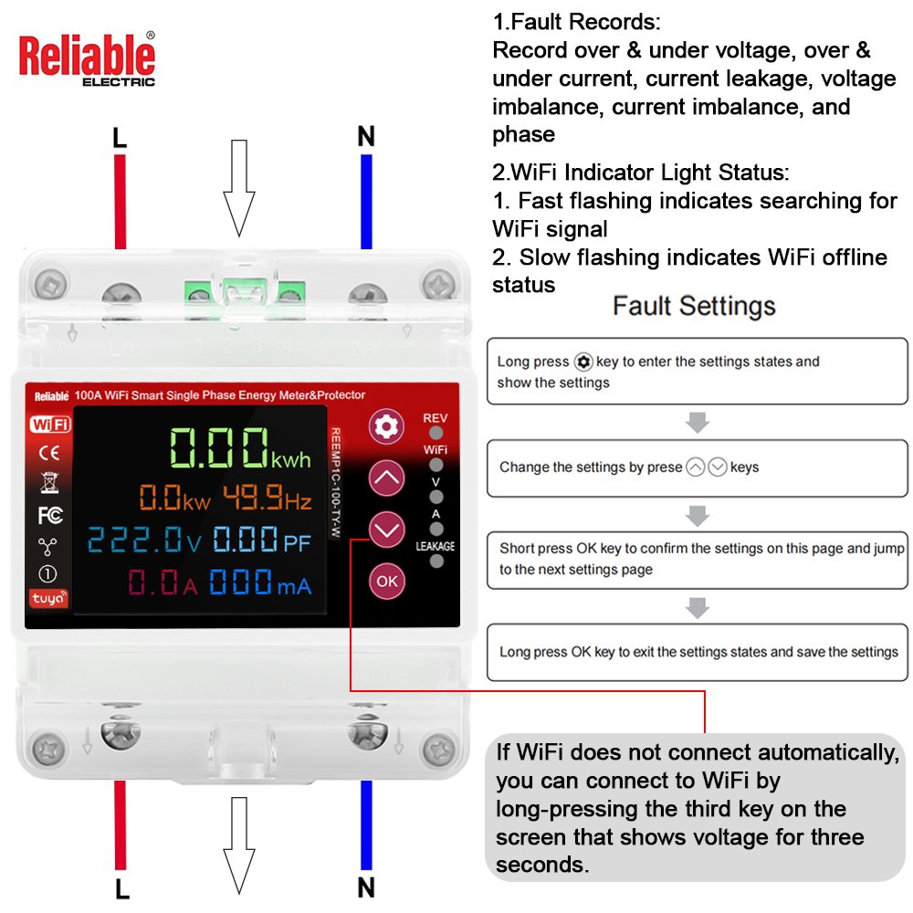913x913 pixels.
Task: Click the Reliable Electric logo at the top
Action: tap(88, 58)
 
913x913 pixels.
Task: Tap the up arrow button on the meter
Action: tap(386, 478)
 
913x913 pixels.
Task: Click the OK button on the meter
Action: tap(386, 581)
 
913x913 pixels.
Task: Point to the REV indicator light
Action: tap(436, 433)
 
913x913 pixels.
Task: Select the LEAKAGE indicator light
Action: tap(436, 561)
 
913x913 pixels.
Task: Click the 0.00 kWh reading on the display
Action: tap(240, 447)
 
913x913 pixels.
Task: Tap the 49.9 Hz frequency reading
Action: tap(268, 498)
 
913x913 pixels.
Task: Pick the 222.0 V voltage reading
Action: tap(144, 539)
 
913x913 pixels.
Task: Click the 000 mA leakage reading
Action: tap(260, 582)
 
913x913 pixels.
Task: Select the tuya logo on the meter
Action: tap(49, 598)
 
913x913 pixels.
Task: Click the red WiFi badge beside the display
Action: tap(50, 424)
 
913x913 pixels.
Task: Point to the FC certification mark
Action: tap(50, 515)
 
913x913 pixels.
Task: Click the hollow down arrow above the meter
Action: tap(238, 188)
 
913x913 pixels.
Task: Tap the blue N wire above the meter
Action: tap(366, 202)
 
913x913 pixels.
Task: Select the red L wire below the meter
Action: tap(121, 825)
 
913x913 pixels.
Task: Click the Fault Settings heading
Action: tap(694, 306)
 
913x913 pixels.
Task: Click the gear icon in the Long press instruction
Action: tap(582, 362)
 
